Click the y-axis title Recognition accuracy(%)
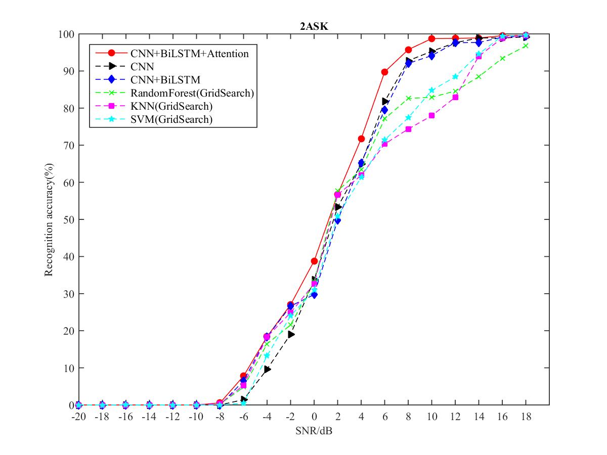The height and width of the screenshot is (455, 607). (x=49, y=219)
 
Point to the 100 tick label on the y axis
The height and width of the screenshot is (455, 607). (x=65, y=34)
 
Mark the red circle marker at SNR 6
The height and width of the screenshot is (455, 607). (x=384, y=72)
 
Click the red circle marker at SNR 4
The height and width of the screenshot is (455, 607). (x=361, y=139)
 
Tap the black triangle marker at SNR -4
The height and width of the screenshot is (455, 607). (x=267, y=370)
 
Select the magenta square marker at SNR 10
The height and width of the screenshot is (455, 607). (x=431, y=116)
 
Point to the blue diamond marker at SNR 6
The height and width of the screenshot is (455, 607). (x=384, y=110)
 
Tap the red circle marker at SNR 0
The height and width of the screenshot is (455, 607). (x=314, y=261)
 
